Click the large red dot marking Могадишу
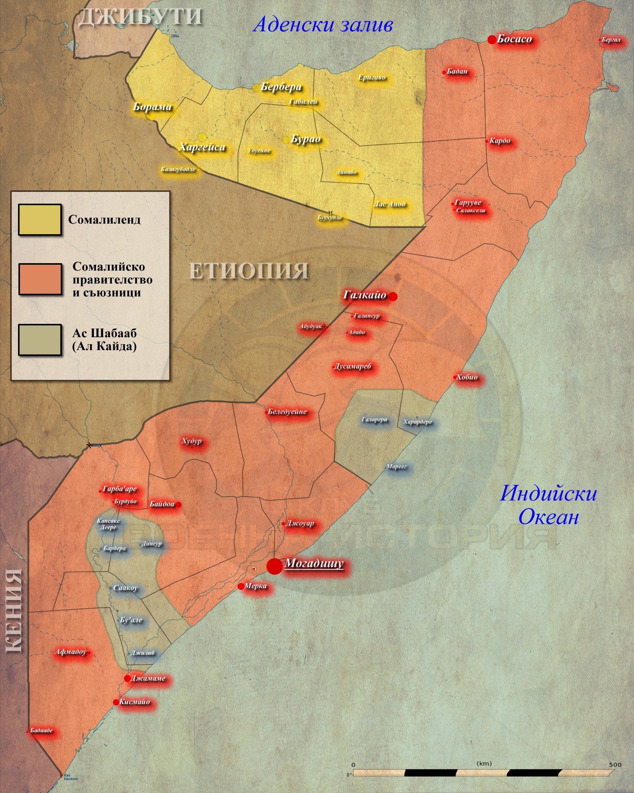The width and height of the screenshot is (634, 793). [x=274, y=566]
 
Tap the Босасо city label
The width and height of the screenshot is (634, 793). [x=514, y=39]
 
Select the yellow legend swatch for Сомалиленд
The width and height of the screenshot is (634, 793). [x=40, y=220]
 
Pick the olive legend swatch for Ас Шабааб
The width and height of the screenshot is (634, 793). [x=40, y=340]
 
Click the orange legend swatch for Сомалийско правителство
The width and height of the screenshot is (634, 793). [x=40, y=279]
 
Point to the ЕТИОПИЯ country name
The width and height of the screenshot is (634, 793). [x=249, y=271]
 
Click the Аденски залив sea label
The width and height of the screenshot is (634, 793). [x=323, y=25]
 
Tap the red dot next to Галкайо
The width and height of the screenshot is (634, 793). [x=393, y=296]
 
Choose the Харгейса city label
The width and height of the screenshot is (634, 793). [x=202, y=147]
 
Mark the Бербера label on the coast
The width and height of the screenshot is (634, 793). [x=281, y=87]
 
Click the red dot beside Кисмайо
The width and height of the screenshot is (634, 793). [x=116, y=702]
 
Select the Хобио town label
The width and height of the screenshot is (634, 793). [x=467, y=377]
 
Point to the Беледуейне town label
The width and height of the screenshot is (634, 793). [x=287, y=412]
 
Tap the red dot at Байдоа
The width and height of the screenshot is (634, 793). [x=179, y=505]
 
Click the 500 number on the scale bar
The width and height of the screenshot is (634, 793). [x=615, y=765]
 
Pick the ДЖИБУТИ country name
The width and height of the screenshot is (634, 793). [x=140, y=17]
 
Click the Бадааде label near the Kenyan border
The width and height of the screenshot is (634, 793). [x=41, y=730]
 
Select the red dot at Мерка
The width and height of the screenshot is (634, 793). [x=241, y=586]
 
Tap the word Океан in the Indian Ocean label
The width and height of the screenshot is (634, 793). [x=548, y=517]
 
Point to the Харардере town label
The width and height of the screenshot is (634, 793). [x=417, y=422]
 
